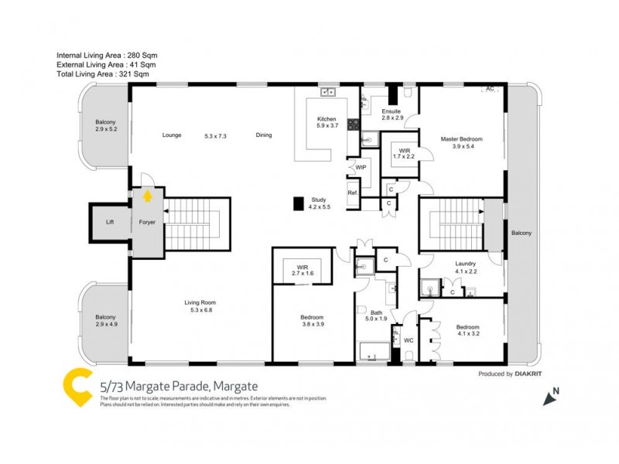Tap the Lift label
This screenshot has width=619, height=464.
(x=110, y=223)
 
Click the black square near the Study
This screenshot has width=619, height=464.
(x=298, y=203)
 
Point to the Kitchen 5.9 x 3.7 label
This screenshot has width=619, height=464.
(x=327, y=121)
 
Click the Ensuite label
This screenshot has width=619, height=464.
(x=392, y=114)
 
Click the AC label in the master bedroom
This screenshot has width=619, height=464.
(x=489, y=90)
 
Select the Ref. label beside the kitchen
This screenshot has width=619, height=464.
(x=352, y=193)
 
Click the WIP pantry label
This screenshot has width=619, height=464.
(x=360, y=167)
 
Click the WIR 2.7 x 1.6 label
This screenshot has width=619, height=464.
(x=303, y=271)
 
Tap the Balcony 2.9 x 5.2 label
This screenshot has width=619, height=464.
(x=105, y=126)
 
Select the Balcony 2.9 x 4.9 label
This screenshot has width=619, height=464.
(x=105, y=321)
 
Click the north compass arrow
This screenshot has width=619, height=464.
(x=552, y=397)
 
